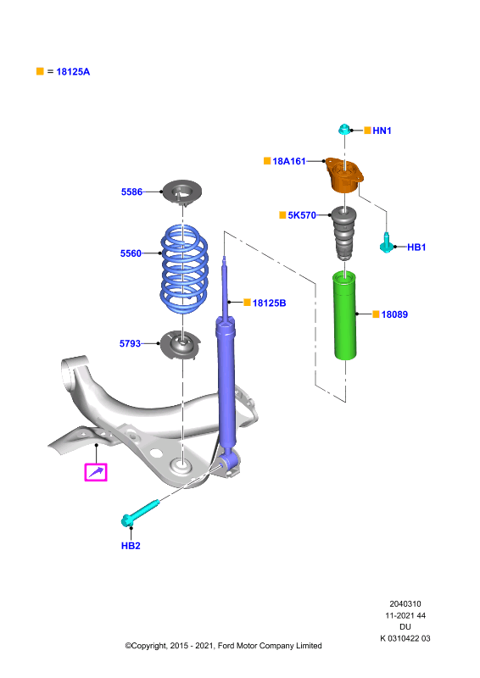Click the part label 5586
tap(131, 192)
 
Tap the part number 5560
tap(131, 253)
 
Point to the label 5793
tap(130, 344)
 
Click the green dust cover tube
tap(345, 315)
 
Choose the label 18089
tap(394, 314)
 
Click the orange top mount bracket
tap(344, 175)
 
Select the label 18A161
tap(288, 161)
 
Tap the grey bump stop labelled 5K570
tap(343, 234)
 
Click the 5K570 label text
tap(302, 215)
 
